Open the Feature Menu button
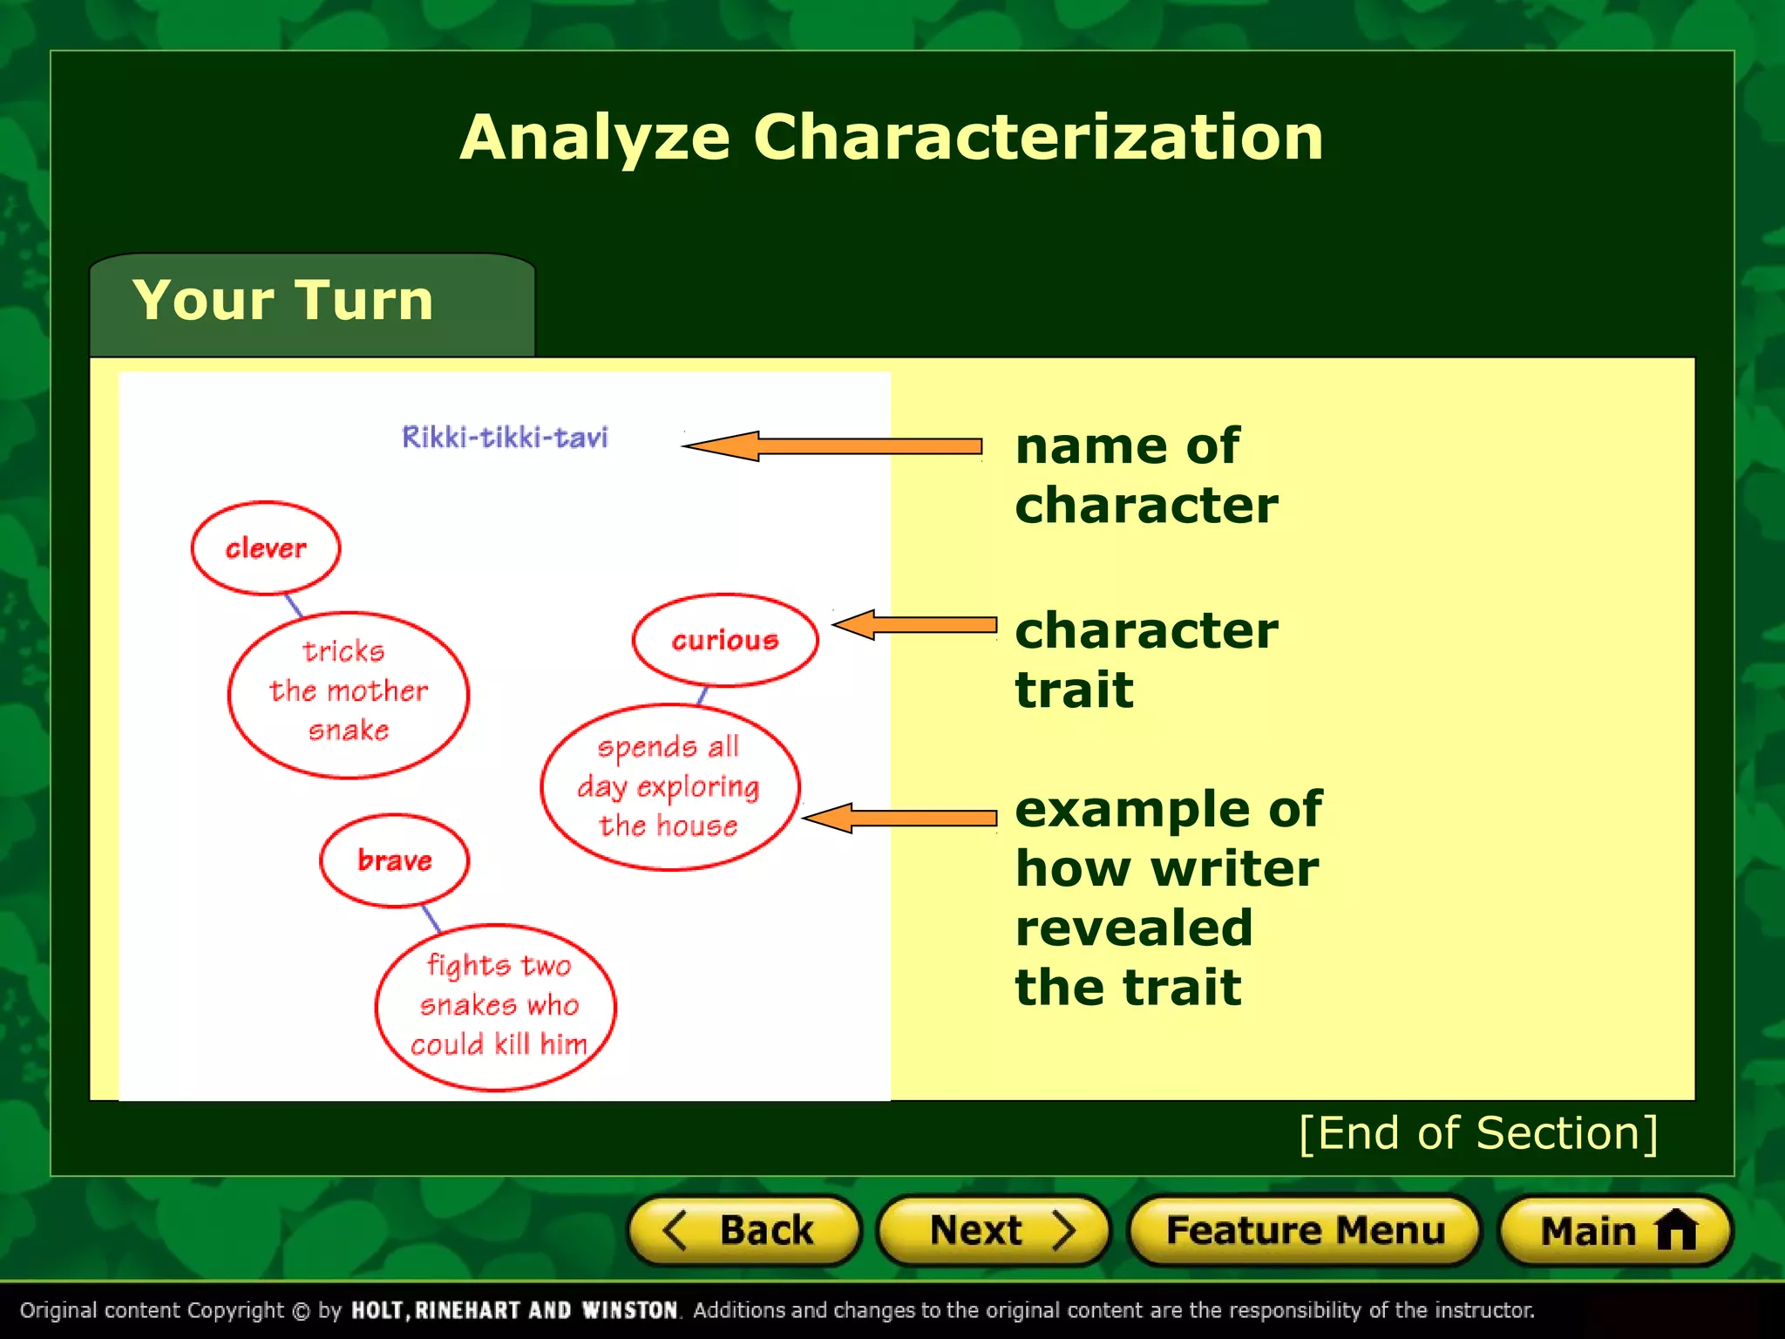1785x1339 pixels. point(1304,1230)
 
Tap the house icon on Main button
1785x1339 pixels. point(1676,1230)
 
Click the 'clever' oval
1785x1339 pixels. point(266,548)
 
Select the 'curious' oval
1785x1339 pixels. point(724,640)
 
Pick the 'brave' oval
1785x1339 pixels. point(394,860)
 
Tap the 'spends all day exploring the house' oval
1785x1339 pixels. point(669,787)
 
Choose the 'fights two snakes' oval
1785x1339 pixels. point(497,1007)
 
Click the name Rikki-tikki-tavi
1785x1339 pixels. point(505,437)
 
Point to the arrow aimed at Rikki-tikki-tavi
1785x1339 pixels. point(832,446)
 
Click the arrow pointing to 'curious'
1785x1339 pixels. point(915,624)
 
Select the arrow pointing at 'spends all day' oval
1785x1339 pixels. point(899,818)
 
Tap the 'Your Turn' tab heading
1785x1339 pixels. point(283,300)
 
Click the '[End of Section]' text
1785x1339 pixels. point(1478,1133)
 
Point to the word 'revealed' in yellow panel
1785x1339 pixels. point(1134,927)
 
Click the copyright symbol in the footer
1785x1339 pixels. point(302,1311)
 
